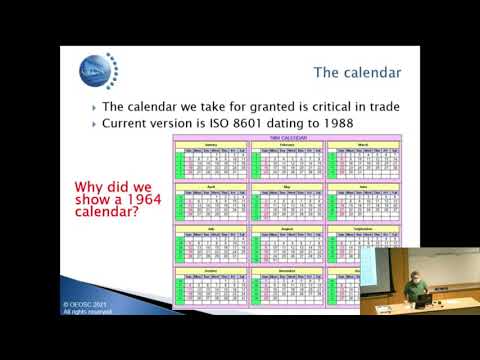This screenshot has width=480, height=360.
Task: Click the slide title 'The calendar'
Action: (357, 72)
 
